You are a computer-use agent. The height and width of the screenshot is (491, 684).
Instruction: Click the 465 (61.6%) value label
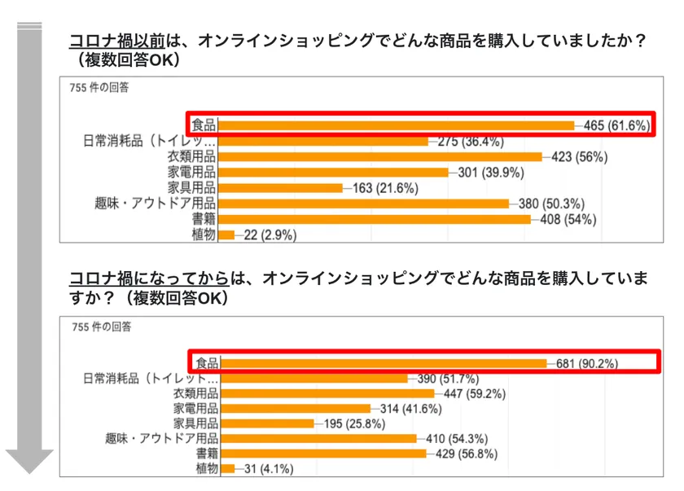617,125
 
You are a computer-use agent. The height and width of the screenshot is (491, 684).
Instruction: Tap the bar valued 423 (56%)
380,156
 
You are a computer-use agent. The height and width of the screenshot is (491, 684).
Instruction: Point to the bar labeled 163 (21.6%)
281,188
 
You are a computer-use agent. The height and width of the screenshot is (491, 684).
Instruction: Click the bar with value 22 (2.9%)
226,235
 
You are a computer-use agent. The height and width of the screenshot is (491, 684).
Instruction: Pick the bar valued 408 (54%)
375,219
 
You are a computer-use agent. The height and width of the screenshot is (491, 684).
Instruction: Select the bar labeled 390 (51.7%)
314,379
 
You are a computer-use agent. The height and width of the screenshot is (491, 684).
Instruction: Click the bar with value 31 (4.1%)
228,468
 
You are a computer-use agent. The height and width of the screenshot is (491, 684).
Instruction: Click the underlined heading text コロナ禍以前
116,41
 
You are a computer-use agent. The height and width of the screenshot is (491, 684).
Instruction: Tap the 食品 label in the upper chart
203,125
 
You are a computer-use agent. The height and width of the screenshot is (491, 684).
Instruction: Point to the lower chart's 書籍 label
205,454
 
